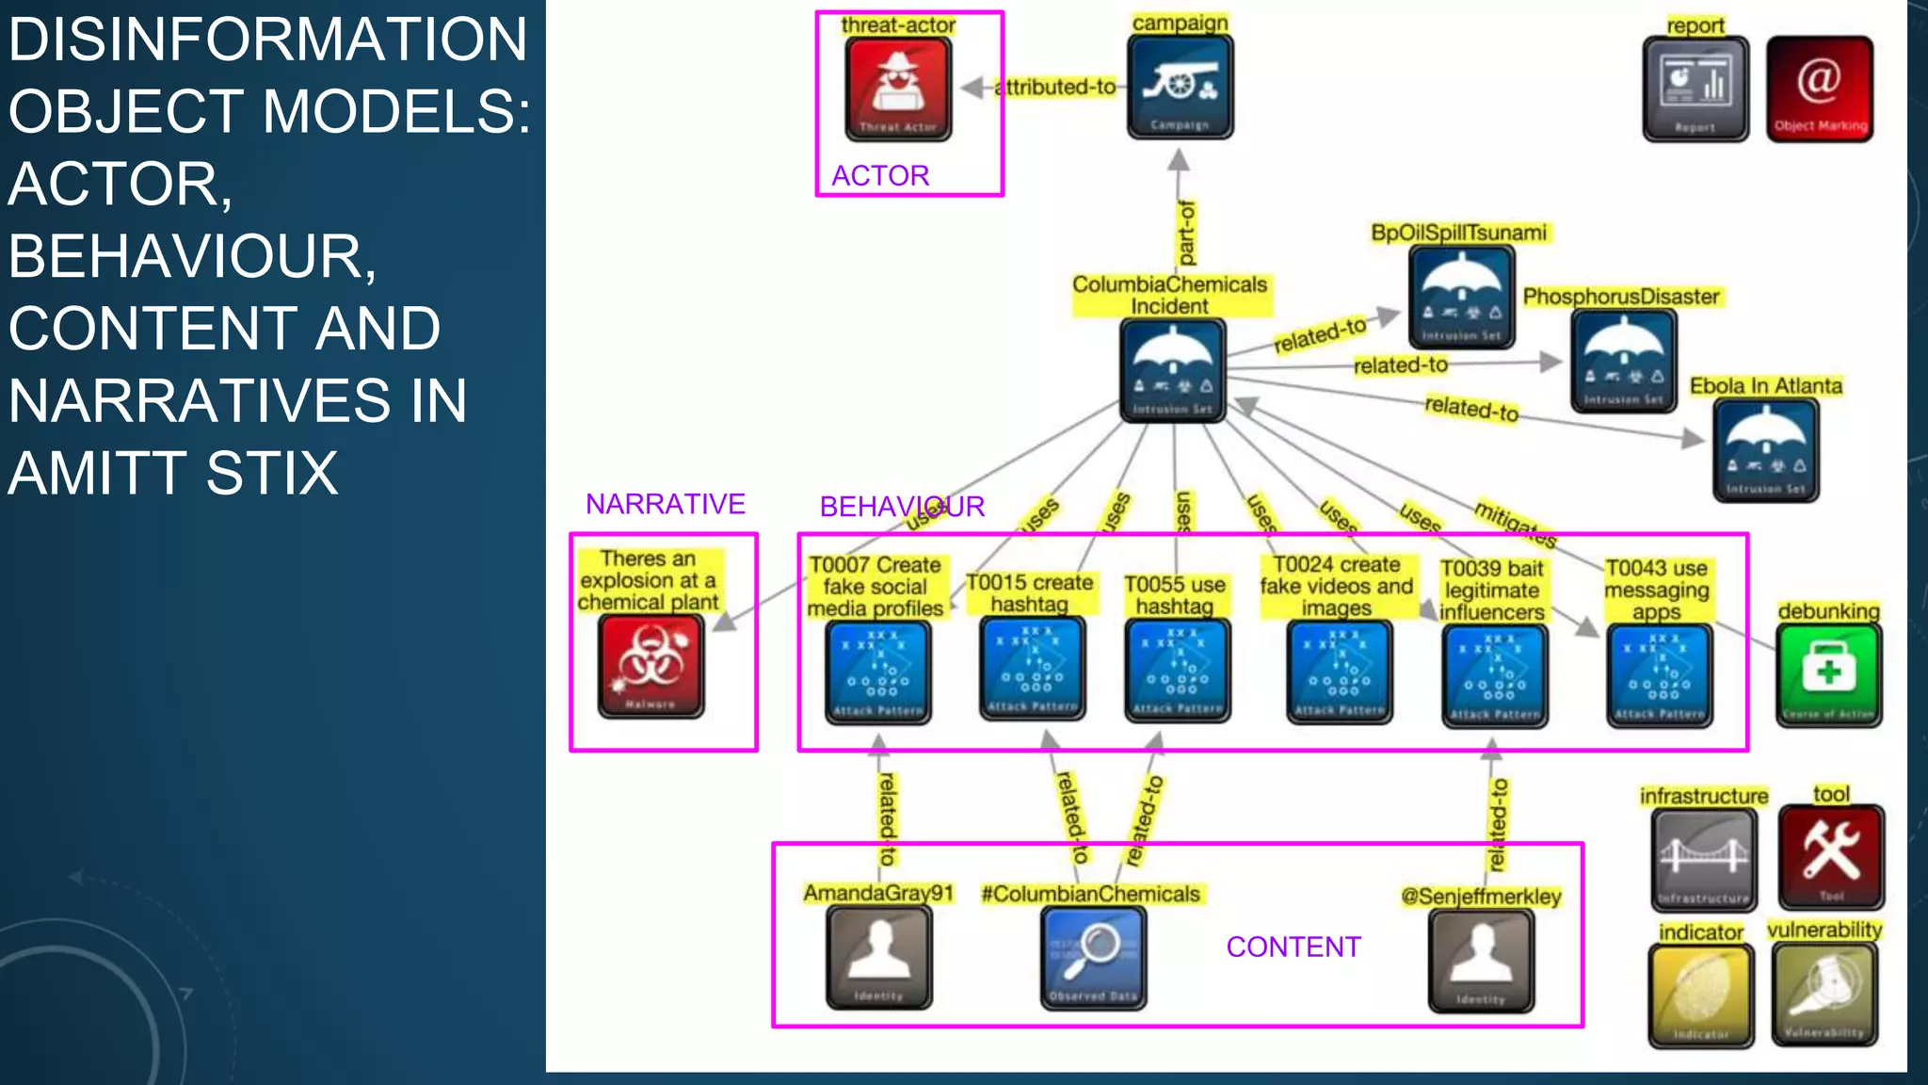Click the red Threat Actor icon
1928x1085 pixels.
pyautogui.click(x=898, y=89)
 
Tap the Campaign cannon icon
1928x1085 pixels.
pyautogui.click(x=1180, y=88)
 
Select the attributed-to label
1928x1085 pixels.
pyautogui.click(x=1057, y=88)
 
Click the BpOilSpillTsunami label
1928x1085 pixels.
pyautogui.click(x=1458, y=233)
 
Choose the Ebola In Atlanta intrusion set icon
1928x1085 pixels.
pyautogui.click(x=1765, y=450)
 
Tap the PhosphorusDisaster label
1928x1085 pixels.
pyautogui.click(x=1621, y=297)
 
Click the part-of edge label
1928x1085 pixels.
pyautogui.click(x=1186, y=232)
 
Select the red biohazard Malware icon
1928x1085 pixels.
pyautogui.click(x=651, y=665)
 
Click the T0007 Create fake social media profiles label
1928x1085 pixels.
pyautogui.click(x=876, y=586)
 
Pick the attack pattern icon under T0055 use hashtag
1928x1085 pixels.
pyautogui.click(x=1177, y=671)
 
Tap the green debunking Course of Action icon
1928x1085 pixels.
pyautogui.click(x=1828, y=674)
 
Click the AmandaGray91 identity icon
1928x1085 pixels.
pyautogui.click(x=878, y=957)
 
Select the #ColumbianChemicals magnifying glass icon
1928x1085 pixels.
pyautogui.click(x=1093, y=957)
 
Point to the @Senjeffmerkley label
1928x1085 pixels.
pyautogui.click(x=1481, y=897)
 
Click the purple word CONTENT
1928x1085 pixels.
pyautogui.click(x=1293, y=947)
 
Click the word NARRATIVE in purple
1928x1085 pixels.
pyautogui.click(x=665, y=504)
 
